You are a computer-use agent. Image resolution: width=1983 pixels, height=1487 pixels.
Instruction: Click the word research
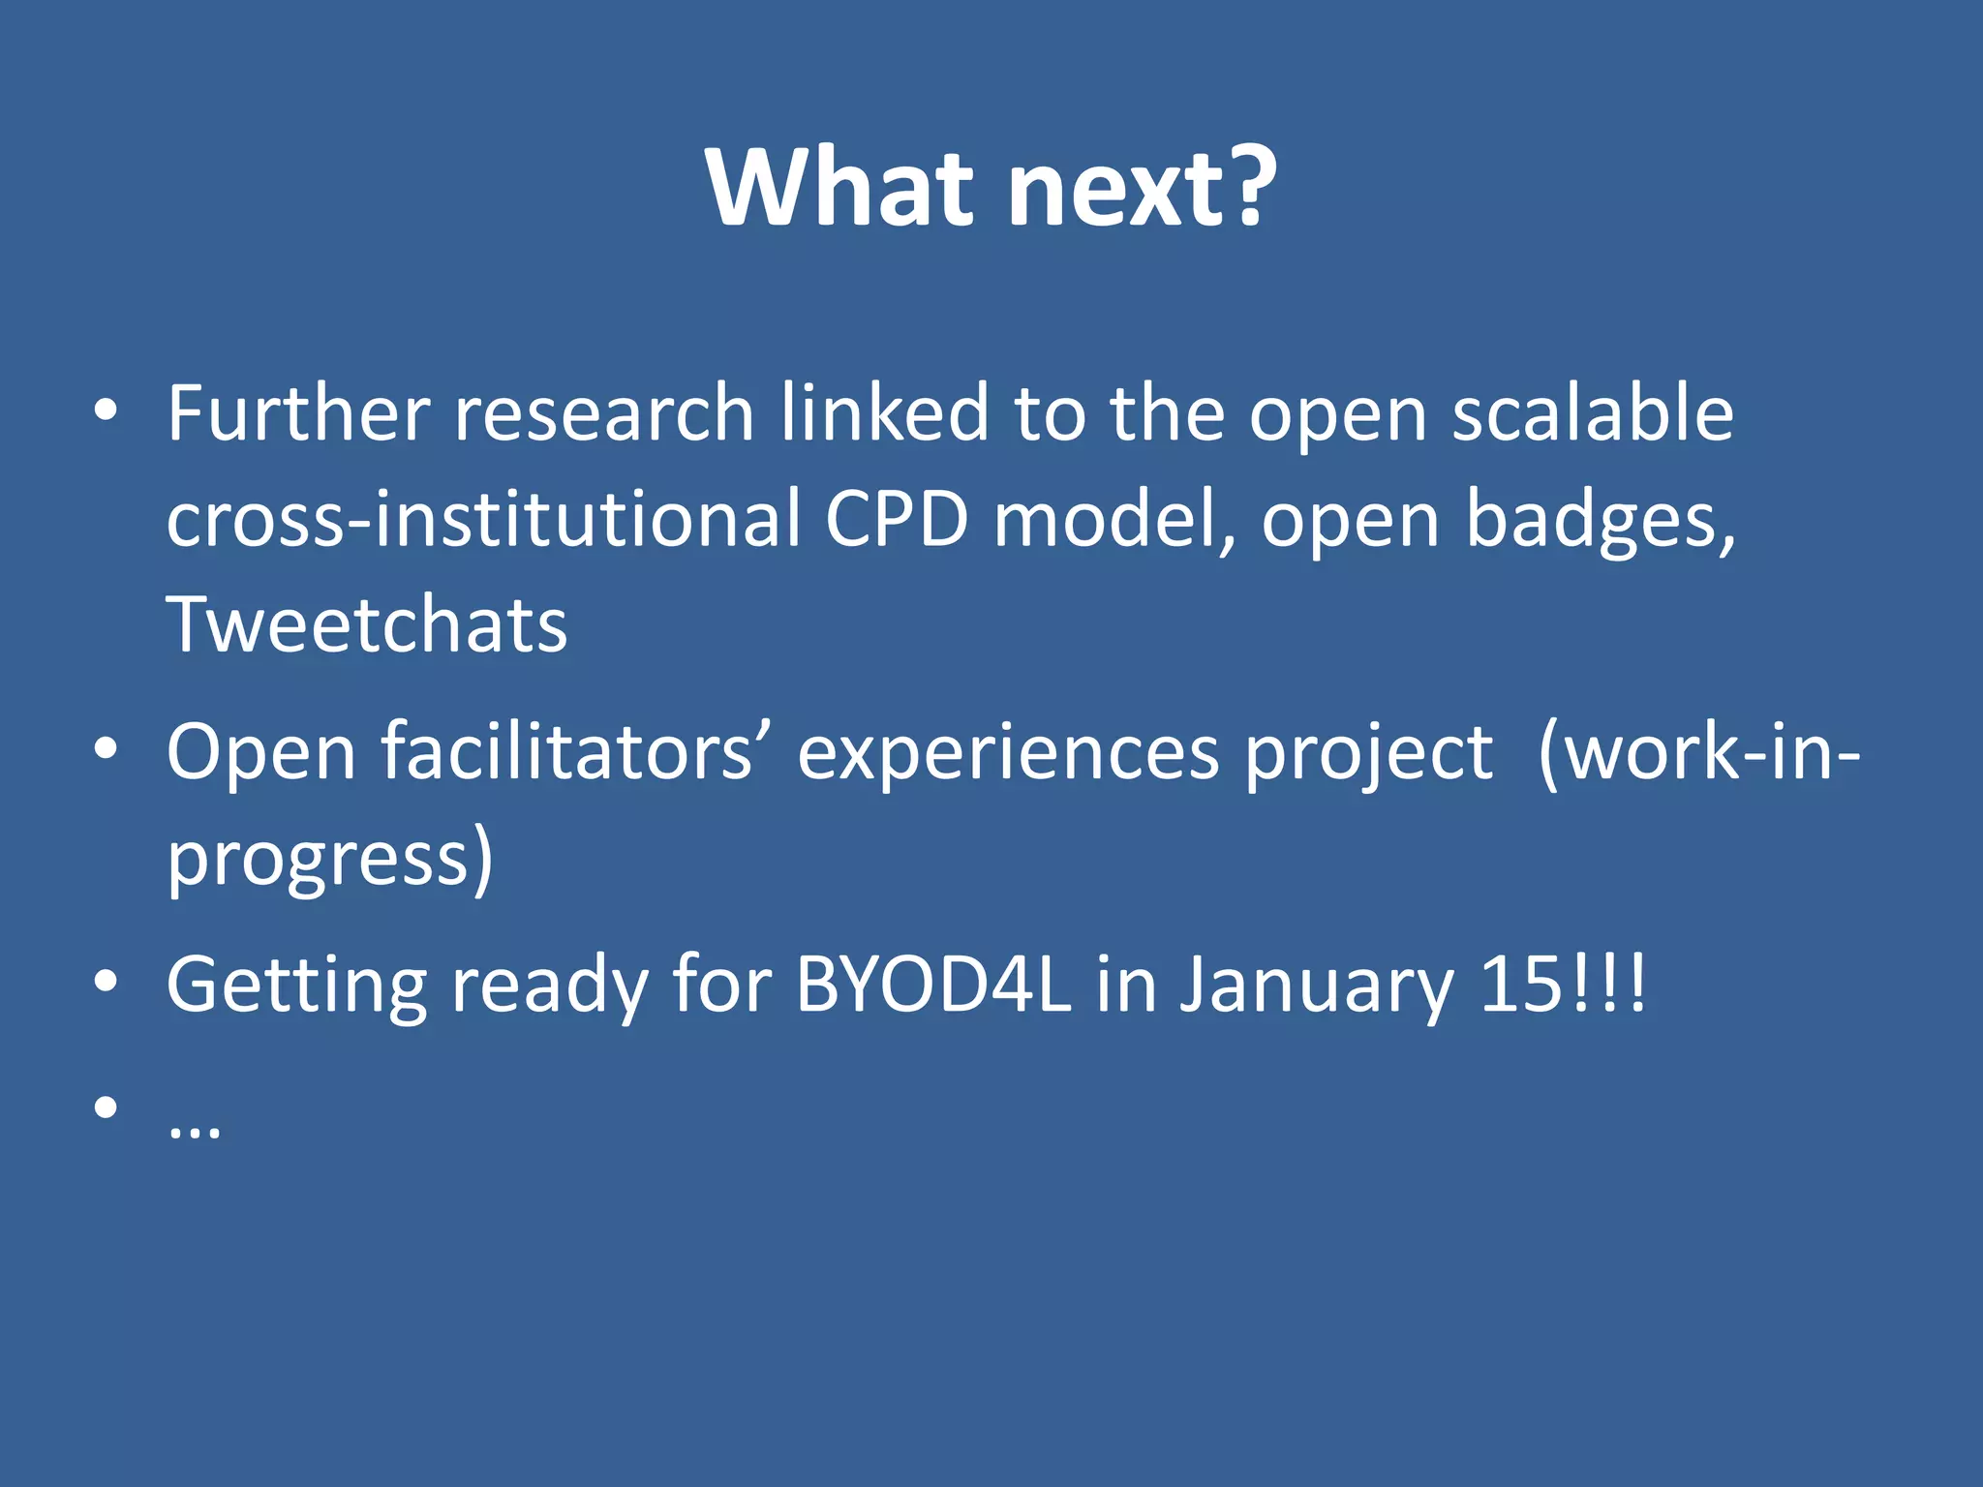[x=603, y=414]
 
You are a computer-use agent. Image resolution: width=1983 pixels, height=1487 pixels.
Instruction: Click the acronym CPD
[x=896, y=520]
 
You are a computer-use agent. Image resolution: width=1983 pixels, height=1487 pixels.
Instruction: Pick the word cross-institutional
[x=484, y=520]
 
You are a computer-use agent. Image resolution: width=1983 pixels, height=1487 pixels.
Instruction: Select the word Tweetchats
[x=366, y=625]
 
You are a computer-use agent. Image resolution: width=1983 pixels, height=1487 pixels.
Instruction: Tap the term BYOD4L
[x=933, y=986]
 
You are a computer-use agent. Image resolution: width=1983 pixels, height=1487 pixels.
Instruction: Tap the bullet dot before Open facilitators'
[x=106, y=748]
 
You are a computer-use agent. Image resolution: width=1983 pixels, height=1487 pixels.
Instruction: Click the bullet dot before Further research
[x=106, y=410]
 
